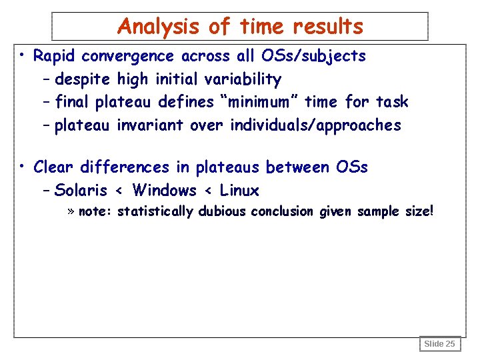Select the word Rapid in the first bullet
coord(55,56)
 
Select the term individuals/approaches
coord(315,125)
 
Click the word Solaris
coord(81,191)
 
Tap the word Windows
coord(164,191)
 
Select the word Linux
coord(239,191)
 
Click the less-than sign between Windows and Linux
coord(208,191)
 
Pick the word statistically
coord(155,212)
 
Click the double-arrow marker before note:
coord(71,212)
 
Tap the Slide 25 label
coord(440,344)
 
